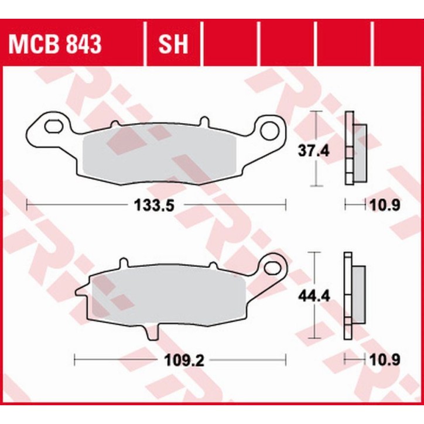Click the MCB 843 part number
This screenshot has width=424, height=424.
pyautogui.click(x=54, y=44)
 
